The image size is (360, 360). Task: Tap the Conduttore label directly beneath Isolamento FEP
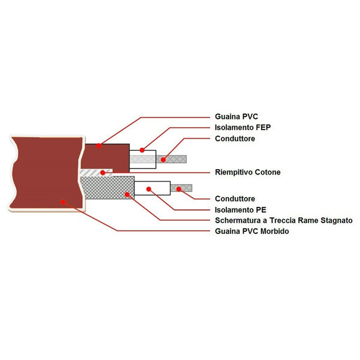[235, 139]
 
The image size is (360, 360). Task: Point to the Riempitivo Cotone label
[247, 172]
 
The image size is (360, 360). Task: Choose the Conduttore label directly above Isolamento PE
[235, 199]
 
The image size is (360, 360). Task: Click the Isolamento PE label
[240, 209]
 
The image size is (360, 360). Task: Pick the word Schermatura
[238, 220]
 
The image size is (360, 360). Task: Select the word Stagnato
[338, 220]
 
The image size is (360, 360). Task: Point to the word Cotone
[266, 172]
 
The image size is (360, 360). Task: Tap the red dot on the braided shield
[128, 194]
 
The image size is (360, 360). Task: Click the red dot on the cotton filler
[103, 173]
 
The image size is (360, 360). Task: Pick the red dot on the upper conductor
[163, 160]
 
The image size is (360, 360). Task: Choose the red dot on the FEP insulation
[142, 150]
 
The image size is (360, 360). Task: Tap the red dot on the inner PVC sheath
[100, 145]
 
